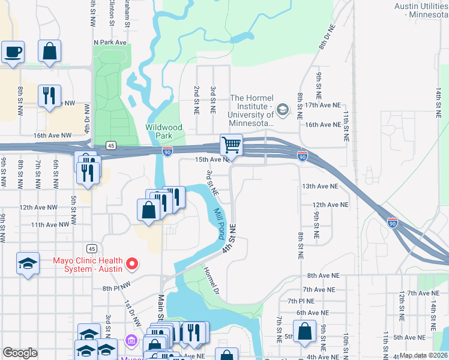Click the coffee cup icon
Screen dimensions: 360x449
pyautogui.click(x=13, y=52)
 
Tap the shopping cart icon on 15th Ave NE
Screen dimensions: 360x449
pyautogui.click(x=231, y=145)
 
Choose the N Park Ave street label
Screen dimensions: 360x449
pyautogui.click(x=110, y=43)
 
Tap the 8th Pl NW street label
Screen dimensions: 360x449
pyautogui.click(x=116, y=287)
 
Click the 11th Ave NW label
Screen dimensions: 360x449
pyautogui.click(x=50, y=224)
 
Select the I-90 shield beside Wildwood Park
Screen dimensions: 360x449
pyautogui.click(x=167, y=152)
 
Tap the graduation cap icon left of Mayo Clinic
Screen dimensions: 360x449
pyautogui.click(x=28, y=263)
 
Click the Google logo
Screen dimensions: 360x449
pyautogui.click(x=20, y=352)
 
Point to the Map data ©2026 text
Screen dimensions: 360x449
pyautogui.click(x=423, y=355)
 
